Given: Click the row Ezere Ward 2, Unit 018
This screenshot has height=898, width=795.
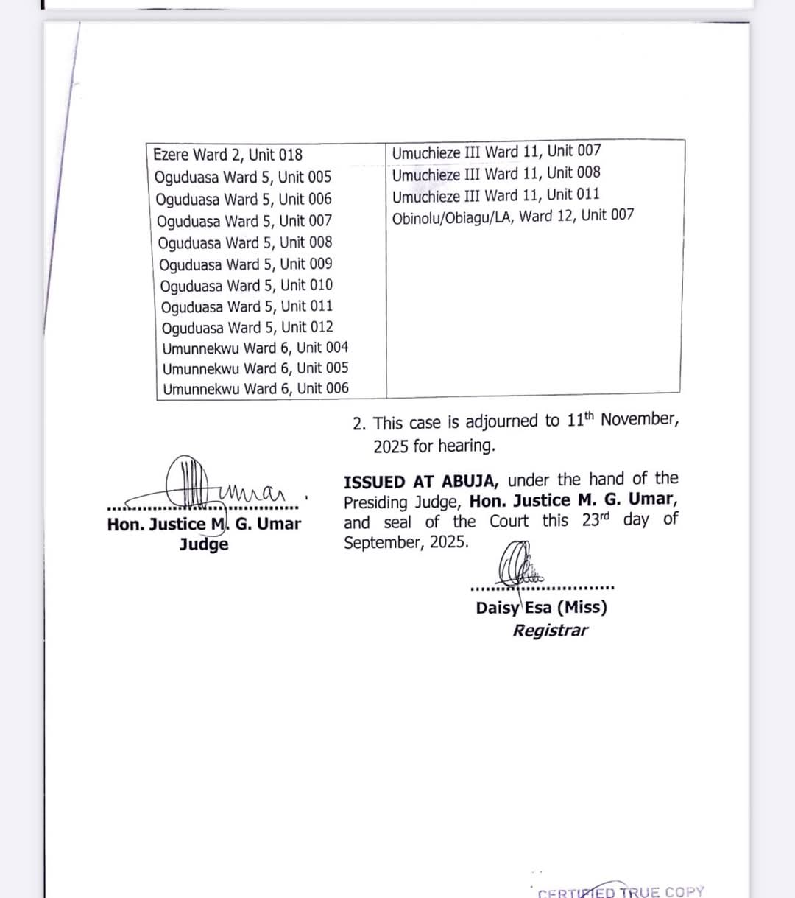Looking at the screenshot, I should coord(227,155).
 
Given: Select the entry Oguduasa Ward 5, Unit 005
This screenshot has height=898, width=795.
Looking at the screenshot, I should coord(243,177).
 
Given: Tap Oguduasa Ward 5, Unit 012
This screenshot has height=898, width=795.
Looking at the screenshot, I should coord(247,327).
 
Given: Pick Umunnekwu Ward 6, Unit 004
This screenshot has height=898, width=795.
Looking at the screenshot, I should coord(255,348).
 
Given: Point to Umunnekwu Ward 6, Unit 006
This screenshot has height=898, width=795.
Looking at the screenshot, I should coord(255,389).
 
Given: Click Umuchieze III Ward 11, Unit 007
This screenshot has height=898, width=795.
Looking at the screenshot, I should coord(496,152).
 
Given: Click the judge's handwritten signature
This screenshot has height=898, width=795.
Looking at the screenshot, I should coord(221,483).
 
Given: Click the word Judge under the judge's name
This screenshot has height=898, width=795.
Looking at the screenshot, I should coord(204,545).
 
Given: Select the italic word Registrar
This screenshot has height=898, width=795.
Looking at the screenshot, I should coord(551,631).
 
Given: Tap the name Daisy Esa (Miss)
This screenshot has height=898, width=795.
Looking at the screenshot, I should coord(541,608).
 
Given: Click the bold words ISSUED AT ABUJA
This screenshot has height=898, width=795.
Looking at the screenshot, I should coord(420,482).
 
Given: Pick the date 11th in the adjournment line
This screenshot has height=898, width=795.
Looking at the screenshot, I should coord(580,420).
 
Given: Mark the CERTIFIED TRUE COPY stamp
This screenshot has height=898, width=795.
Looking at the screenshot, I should coord(621,891).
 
